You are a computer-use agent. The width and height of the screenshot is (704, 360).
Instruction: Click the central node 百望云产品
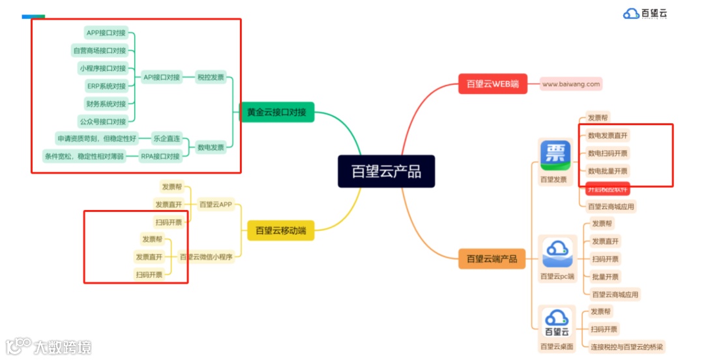point(386,172)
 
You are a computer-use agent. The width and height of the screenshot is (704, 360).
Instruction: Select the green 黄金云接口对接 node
point(277,112)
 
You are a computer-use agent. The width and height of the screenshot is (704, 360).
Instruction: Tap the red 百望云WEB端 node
point(493,83)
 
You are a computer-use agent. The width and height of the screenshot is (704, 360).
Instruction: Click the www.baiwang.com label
point(571,83)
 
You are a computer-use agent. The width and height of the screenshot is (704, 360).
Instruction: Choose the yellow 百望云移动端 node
point(280,230)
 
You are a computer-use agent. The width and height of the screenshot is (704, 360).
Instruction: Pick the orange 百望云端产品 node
point(491,259)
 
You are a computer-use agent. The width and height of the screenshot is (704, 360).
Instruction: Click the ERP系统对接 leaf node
point(106,85)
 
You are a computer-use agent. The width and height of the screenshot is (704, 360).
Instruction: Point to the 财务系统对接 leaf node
point(106,104)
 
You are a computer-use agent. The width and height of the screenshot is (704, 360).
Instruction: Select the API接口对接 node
point(161,77)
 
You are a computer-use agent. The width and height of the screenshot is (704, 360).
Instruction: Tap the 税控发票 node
point(211,77)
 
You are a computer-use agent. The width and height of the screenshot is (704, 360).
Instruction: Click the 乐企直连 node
point(166,138)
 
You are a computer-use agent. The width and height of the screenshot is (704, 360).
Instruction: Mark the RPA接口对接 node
point(160,157)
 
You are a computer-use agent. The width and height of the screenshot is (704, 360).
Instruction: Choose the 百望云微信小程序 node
point(206,257)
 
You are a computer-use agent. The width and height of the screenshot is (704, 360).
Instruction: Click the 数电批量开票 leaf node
point(608,171)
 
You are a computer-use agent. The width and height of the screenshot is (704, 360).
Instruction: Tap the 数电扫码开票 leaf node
point(608,153)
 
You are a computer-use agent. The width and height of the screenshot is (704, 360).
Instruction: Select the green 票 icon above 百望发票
point(555,155)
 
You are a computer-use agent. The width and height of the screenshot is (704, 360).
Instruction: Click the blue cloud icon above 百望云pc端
point(557,252)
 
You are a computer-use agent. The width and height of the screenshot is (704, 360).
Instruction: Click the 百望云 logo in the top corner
point(645,13)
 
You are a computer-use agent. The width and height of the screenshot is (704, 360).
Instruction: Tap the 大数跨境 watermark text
point(63,346)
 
